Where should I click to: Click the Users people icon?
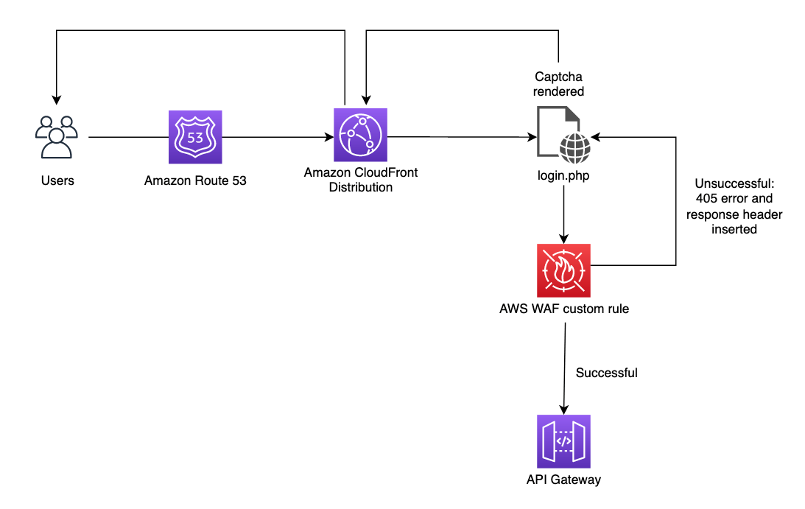click(57, 137)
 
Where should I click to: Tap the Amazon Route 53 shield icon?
click(195, 137)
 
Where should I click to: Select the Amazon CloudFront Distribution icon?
click(360, 135)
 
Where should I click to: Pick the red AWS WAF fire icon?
click(564, 270)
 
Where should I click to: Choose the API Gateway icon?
click(563, 440)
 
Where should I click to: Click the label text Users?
click(57, 180)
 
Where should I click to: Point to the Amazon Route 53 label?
click(195, 180)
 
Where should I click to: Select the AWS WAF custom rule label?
click(564, 309)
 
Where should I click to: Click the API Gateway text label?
click(563, 480)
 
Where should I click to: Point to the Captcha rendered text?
click(559, 84)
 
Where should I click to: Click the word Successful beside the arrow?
click(606, 373)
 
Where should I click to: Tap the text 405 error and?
click(734, 198)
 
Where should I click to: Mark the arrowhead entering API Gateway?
click(564, 409)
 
